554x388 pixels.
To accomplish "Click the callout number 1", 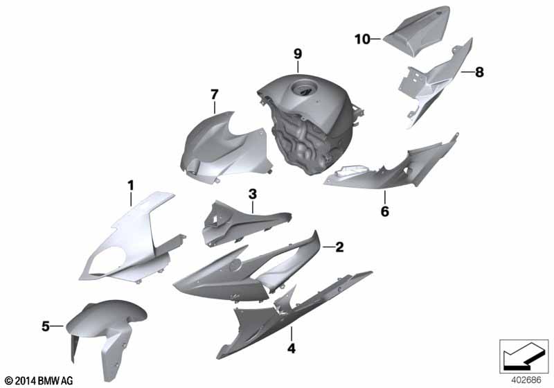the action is pos(131,186).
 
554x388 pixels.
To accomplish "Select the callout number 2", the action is pos(339,247).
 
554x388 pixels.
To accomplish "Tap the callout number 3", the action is pos(253,194).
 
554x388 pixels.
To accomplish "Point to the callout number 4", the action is pos(291,349).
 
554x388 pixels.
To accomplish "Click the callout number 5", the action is pos(46,326).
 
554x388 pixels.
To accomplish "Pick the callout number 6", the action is pos(385,211).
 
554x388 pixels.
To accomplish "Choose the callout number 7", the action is pos(215,94).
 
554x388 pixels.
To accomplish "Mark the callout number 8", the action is pos(479,72).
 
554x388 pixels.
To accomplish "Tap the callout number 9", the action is pos(298,54).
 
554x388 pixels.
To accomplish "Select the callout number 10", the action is pos(362,39).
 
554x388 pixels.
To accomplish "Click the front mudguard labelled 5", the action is pos(106,332).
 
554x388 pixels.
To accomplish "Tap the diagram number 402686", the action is pos(526,380).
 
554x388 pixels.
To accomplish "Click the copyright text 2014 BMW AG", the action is pos(39,380).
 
